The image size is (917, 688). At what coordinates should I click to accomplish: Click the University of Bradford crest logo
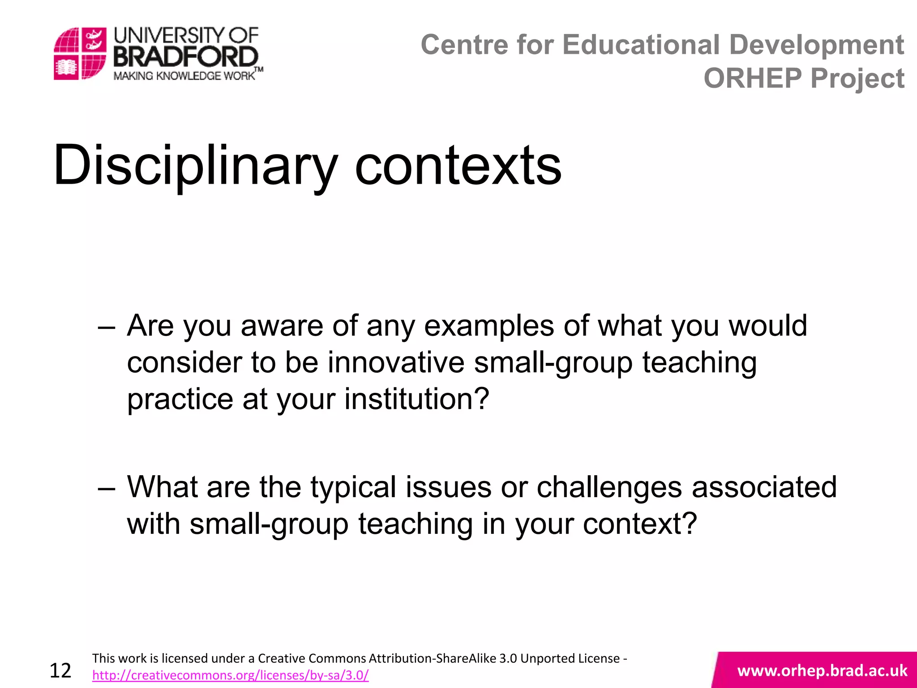(80, 53)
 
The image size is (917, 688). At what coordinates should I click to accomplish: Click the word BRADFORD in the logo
(185, 57)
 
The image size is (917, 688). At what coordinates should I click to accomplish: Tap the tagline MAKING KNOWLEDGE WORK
(184, 76)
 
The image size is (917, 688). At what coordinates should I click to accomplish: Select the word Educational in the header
(641, 45)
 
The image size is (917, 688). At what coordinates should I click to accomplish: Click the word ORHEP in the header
(752, 78)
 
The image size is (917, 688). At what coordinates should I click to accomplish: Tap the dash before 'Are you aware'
(106, 327)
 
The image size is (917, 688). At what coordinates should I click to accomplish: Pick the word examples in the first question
(489, 326)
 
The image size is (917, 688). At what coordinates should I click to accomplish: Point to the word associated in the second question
(764, 487)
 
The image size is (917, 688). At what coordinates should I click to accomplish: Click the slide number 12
(60, 671)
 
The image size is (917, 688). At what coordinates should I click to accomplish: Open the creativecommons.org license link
(230, 675)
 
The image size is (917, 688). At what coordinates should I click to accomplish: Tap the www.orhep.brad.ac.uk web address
(822, 671)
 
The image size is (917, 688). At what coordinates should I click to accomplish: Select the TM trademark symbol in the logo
(259, 69)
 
